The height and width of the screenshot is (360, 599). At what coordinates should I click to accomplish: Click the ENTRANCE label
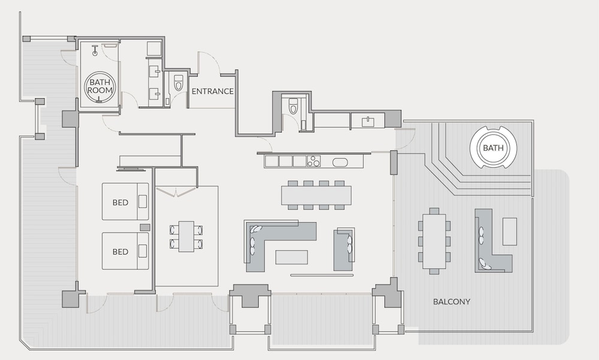pos(213,91)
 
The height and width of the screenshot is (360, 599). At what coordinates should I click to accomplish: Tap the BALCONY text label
pos(452,301)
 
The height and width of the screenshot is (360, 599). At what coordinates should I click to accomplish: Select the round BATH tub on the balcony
pos(493,147)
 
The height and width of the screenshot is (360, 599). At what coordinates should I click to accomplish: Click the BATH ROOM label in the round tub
pos(100,86)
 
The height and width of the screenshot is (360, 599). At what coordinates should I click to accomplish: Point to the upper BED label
pos(120,202)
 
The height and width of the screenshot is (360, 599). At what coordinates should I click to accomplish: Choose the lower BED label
pos(120,252)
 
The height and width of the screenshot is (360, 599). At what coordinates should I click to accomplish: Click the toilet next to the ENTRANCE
pos(179,83)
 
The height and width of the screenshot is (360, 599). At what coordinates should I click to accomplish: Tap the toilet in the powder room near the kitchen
pos(293,106)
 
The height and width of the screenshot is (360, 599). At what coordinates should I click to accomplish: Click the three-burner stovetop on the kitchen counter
pos(314,161)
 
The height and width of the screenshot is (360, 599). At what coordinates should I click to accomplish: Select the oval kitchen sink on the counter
pos(340,162)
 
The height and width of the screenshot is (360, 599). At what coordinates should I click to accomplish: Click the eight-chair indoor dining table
pos(316,195)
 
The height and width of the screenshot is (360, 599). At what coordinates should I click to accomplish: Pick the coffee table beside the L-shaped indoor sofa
pos(292,257)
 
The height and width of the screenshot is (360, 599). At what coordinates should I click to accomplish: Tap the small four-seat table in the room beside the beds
pos(186,236)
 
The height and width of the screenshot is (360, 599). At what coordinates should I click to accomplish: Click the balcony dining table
pos(434,241)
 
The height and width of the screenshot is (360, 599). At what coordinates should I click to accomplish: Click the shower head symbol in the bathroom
pos(95,50)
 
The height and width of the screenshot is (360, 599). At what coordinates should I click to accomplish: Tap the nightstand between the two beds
pos(145,228)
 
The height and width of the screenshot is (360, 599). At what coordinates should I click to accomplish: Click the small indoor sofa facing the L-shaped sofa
pos(344,250)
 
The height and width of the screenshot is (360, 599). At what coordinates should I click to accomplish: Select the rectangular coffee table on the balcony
pos(510,231)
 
